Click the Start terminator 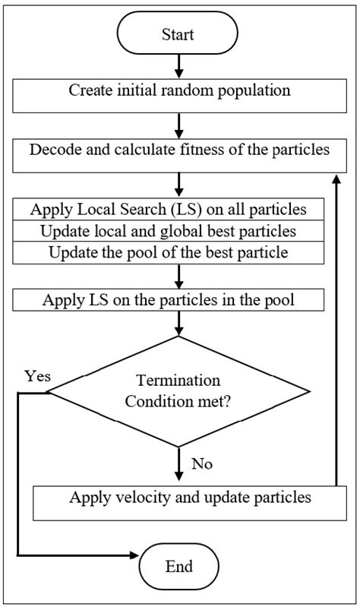click(178, 35)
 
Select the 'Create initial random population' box click(178, 90)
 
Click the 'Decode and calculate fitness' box click(178, 150)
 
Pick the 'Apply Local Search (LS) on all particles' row click(178, 209)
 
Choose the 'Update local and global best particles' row click(178, 230)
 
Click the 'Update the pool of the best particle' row click(178, 251)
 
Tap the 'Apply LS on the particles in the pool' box click(178, 299)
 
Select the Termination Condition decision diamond click(178, 391)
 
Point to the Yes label click(37, 376)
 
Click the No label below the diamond click(202, 463)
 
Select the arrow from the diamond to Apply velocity click(178, 463)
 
